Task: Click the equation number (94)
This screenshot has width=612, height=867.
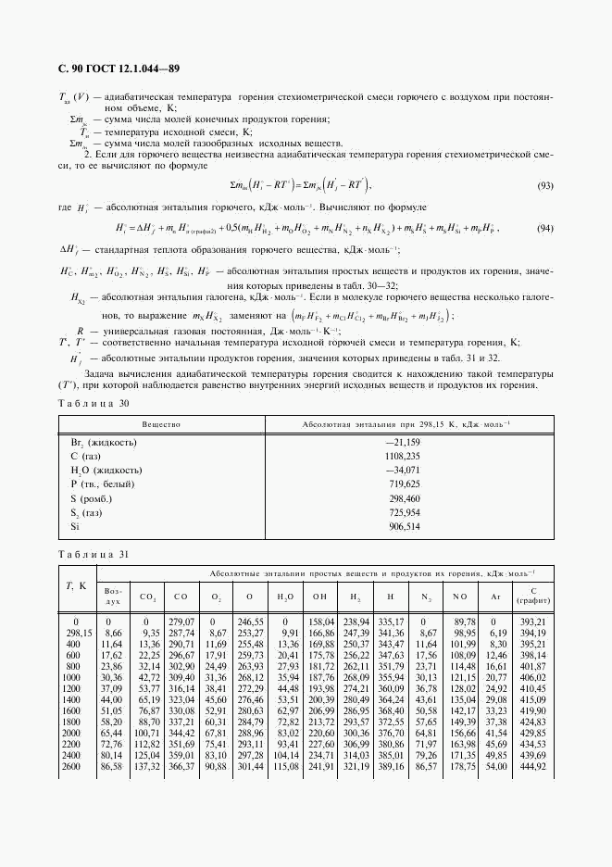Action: (x=545, y=229)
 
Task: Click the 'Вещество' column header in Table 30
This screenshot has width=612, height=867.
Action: (x=161, y=423)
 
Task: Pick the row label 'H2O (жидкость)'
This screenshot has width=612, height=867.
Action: (x=106, y=471)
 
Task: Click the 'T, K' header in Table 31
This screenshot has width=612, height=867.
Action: (x=75, y=585)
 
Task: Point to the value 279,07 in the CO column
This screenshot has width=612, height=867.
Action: (x=181, y=621)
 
